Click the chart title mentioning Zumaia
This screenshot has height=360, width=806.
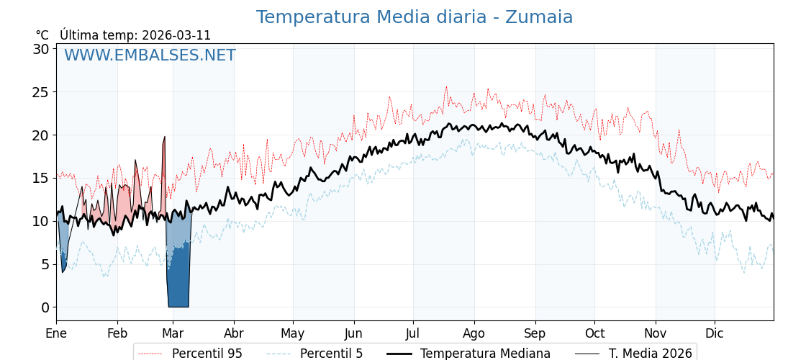(415, 17)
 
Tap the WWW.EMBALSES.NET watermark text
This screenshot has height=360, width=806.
(150, 55)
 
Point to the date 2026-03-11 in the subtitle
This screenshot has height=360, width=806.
(176, 35)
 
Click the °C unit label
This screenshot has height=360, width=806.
(42, 35)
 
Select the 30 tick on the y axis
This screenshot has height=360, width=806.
(40, 49)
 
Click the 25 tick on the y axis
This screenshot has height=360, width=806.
(40, 92)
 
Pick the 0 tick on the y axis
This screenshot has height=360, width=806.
(45, 307)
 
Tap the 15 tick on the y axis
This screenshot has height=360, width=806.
(40, 178)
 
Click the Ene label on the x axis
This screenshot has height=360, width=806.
(56, 333)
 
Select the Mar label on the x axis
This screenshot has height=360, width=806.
(173, 333)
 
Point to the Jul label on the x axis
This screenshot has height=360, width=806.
(413, 333)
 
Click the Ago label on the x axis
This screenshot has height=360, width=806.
(474, 333)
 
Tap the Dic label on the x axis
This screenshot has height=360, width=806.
(715, 333)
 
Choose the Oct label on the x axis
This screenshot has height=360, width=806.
(594, 333)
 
